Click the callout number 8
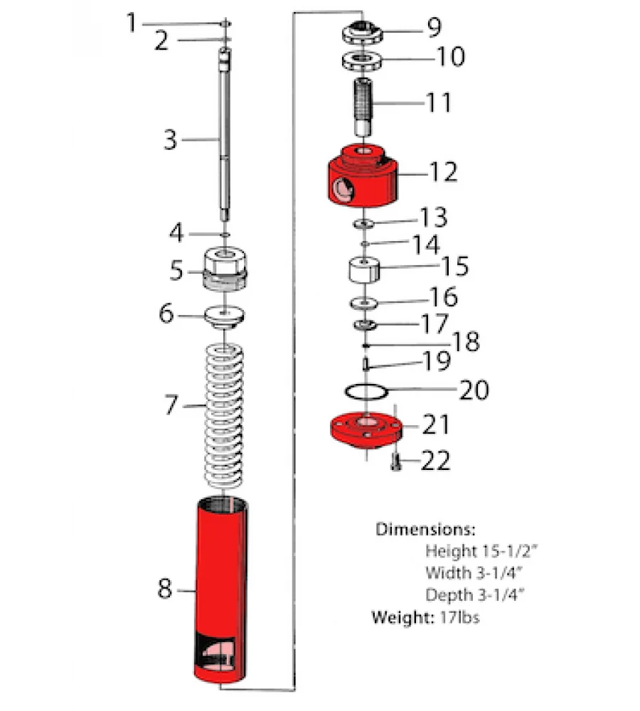(164, 589)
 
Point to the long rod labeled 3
(225, 142)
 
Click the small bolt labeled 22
(396, 463)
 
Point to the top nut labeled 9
(363, 31)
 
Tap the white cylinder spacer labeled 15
(365, 270)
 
